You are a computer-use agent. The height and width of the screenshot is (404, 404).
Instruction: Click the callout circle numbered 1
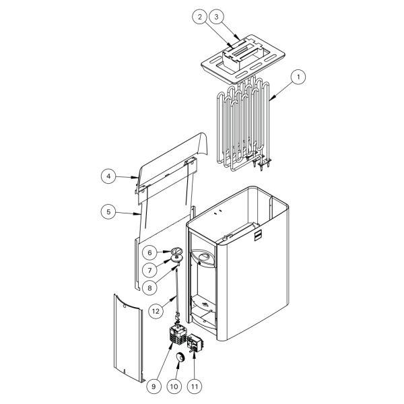pyautogui.click(x=298, y=77)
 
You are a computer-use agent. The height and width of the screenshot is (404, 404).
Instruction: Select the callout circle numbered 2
pyautogui.click(x=200, y=17)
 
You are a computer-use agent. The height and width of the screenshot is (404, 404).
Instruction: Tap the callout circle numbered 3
pyautogui.click(x=216, y=17)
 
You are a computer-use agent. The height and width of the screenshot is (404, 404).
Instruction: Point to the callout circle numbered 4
pyautogui.click(x=108, y=176)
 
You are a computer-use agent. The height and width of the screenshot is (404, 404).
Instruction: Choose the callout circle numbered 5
pyautogui.click(x=108, y=212)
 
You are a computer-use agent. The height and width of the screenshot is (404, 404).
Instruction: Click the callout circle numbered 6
pyautogui.click(x=149, y=252)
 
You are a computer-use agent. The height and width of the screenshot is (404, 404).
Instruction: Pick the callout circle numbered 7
pyautogui.click(x=149, y=270)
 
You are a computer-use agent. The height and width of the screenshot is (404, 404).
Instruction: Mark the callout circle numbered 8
pyautogui.click(x=149, y=288)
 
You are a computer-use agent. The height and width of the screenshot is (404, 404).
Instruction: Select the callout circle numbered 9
pyautogui.click(x=154, y=386)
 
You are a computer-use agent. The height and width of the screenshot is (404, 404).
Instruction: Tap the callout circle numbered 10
pyautogui.click(x=174, y=386)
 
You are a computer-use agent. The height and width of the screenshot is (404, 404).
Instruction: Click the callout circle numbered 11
pyautogui.click(x=195, y=386)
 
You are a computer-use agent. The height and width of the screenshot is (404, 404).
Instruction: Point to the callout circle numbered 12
pyautogui.click(x=156, y=311)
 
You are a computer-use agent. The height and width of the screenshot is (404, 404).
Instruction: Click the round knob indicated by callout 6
pyautogui.click(x=176, y=250)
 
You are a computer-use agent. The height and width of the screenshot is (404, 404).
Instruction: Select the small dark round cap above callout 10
pyautogui.click(x=179, y=358)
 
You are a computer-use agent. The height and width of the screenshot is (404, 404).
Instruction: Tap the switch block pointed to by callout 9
pyautogui.click(x=177, y=334)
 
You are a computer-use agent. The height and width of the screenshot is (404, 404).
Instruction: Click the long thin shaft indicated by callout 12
pyautogui.click(x=177, y=291)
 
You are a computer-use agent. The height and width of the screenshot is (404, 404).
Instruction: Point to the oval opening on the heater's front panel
pyautogui.click(x=205, y=257)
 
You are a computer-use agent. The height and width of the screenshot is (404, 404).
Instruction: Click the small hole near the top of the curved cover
pyautogui.click(x=125, y=307)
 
